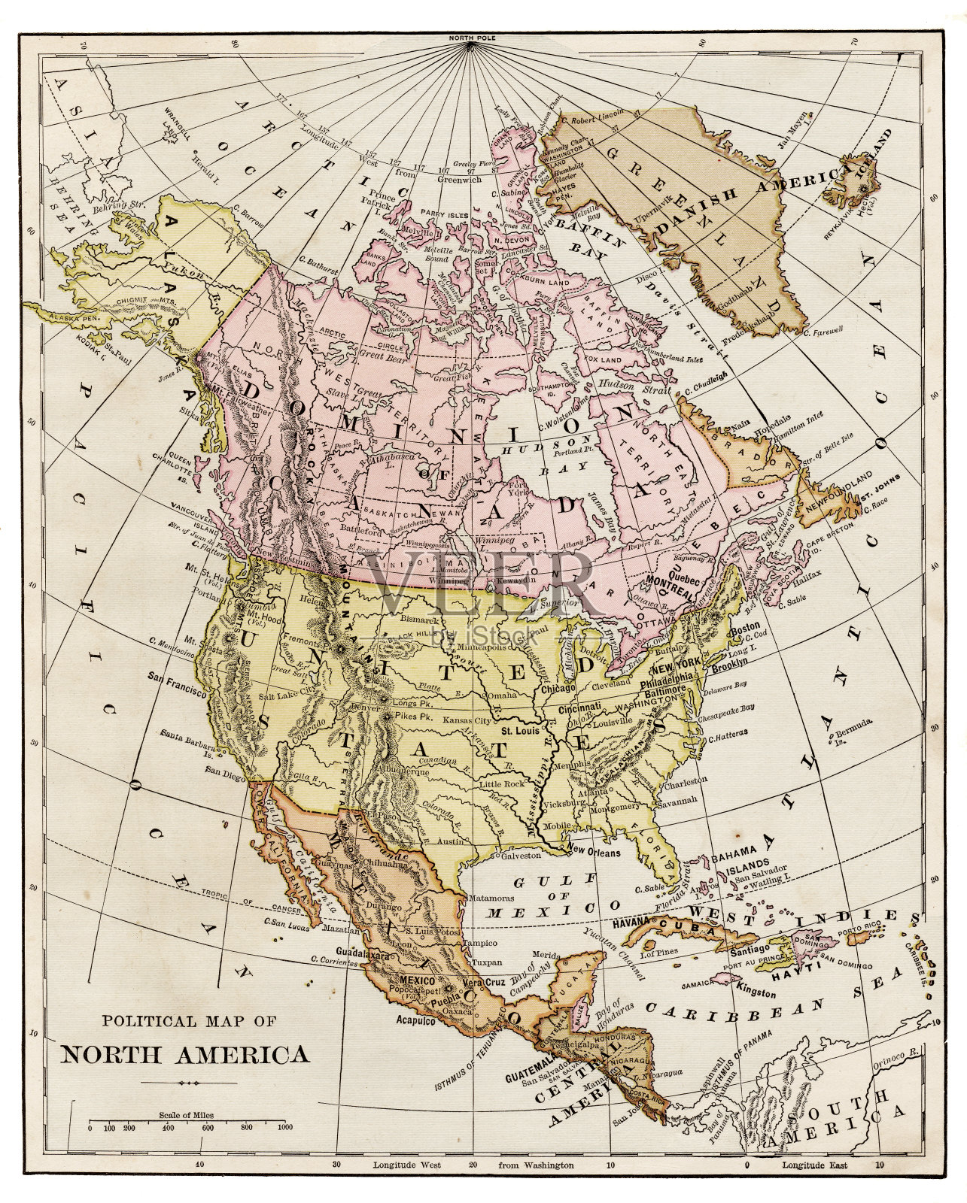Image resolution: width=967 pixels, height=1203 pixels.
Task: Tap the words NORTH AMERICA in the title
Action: (184, 1053)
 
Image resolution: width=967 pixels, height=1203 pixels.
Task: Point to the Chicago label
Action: (558, 688)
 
